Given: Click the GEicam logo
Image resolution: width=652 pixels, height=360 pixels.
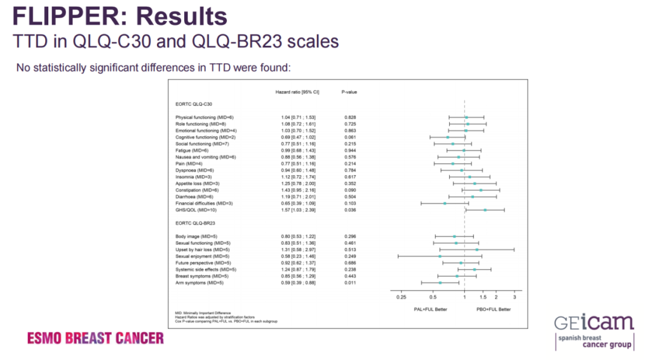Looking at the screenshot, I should pyautogui.click(x=594, y=332).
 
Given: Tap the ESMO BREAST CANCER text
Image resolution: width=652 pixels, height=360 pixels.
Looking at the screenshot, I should pyautogui.click(x=95, y=338).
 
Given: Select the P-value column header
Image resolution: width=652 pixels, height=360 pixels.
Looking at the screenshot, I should pyautogui.click(x=350, y=92).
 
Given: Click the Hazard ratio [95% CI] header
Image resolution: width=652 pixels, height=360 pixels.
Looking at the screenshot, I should pyautogui.click(x=297, y=92).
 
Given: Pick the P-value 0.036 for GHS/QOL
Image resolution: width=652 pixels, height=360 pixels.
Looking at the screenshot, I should pyautogui.click(x=350, y=210).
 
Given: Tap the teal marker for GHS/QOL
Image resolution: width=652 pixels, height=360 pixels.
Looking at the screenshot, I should pyautogui.click(x=485, y=210).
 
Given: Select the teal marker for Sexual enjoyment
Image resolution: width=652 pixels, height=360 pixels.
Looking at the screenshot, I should pyautogui.click(x=439, y=256).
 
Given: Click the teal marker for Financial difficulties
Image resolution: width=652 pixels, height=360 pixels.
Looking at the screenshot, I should pyautogui.click(x=445, y=204).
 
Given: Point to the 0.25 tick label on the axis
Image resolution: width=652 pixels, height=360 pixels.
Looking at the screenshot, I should pyautogui.click(x=401, y=297).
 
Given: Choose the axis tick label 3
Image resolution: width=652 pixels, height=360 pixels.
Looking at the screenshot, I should pyautogui.click(x=514, y=297).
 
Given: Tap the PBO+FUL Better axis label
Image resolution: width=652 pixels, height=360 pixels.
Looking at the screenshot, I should pyautogui.click(x=494, y=309).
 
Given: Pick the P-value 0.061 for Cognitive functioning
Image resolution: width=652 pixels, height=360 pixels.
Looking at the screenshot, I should pyautogui.click(x=350, y=137).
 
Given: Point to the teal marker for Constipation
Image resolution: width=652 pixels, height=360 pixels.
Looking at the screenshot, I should pyautogui.click(x=481, y=190).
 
